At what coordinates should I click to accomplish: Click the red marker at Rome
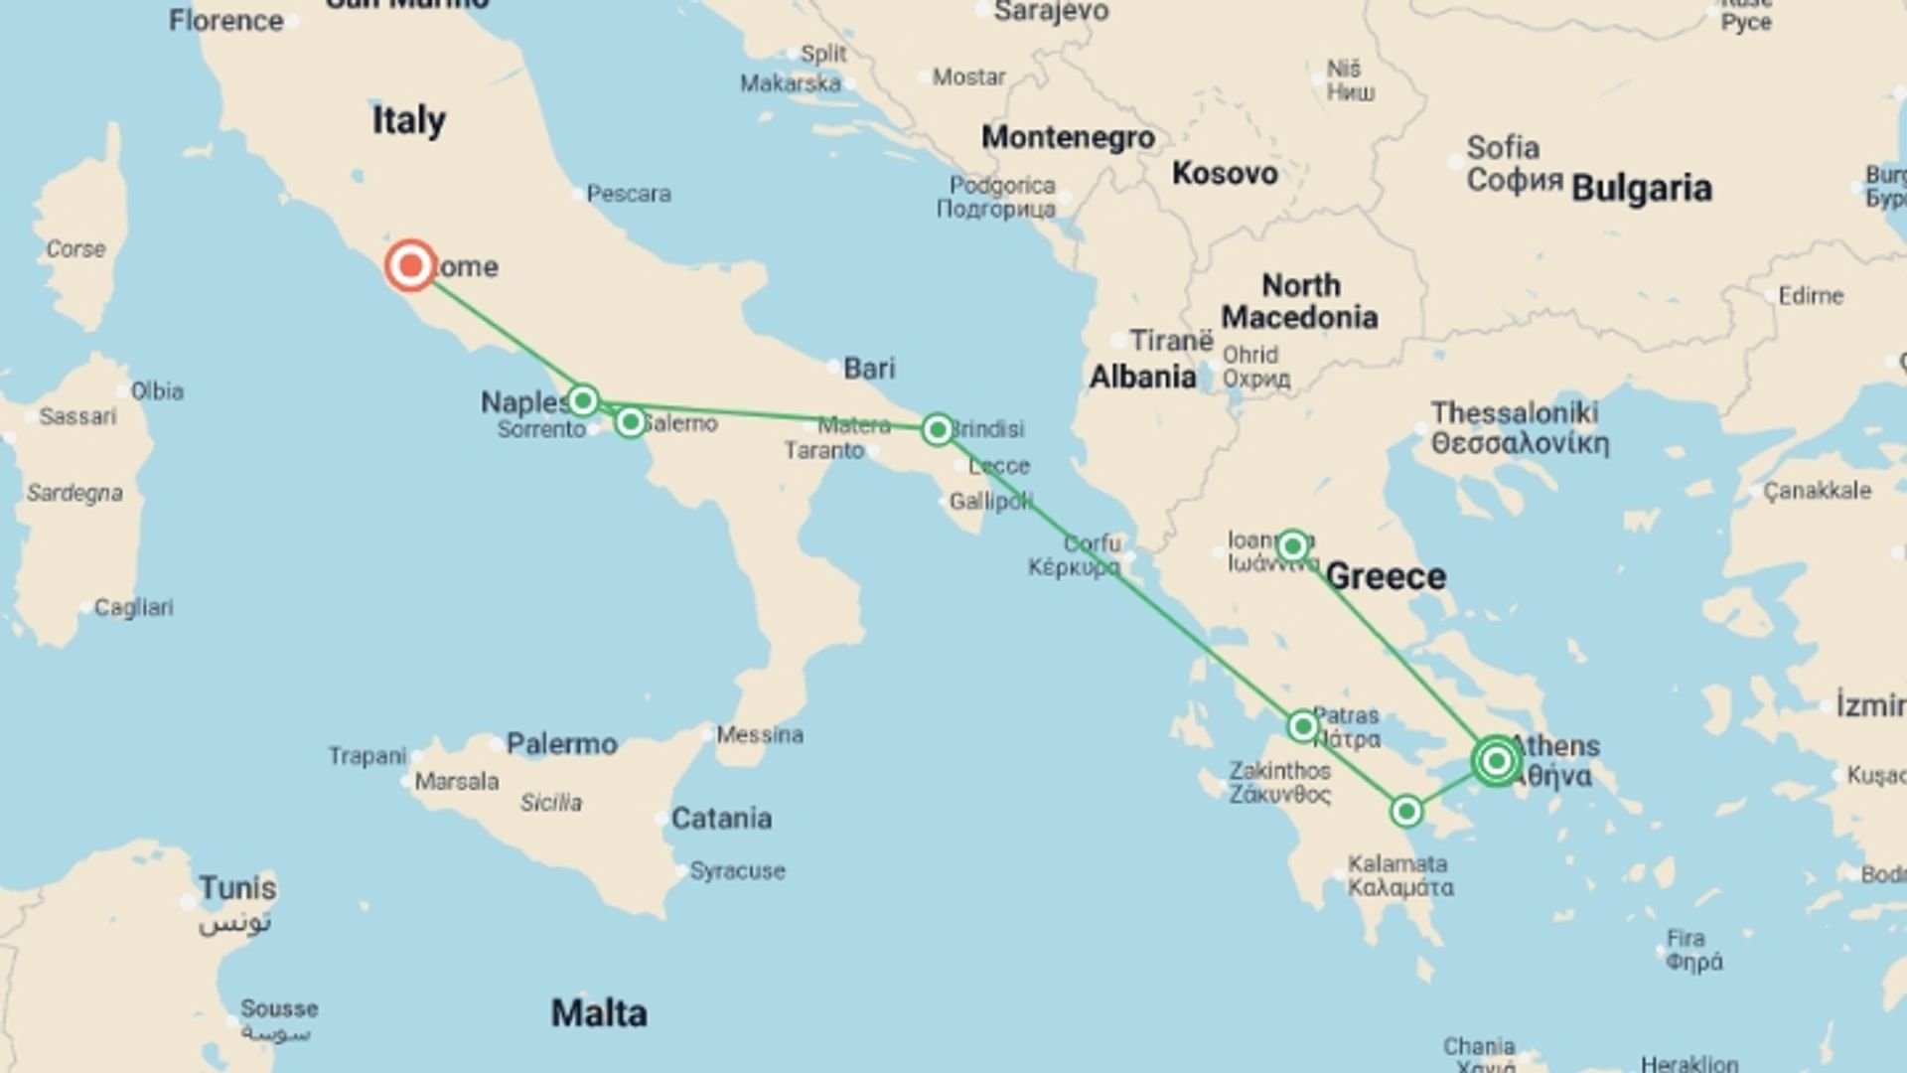(410, 265)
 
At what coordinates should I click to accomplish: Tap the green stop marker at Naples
(583, 400)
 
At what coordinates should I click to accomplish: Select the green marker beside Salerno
(630, 422)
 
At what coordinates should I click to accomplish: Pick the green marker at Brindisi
(937, 429)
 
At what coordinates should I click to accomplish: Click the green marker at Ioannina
(1292, 545)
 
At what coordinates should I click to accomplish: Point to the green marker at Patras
(1302, 726)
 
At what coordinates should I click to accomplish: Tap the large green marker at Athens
(1496, 761)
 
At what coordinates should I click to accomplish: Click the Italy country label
(408, 120)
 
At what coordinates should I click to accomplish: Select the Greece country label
(1386, 576)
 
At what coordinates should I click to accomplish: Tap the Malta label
(599, 1013)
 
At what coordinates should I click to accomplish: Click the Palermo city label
(561, 743)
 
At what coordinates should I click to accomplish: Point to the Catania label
(721, 819)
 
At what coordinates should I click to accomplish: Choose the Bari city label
(869, 368)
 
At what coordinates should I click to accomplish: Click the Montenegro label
(1068, 137)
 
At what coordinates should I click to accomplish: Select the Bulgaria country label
(1642, 188)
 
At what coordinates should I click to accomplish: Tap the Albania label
(1142, 378)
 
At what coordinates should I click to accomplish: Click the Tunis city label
(237, 887)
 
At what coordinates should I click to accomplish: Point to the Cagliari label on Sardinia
(133, 607)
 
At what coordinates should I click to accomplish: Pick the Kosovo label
(1225, 173)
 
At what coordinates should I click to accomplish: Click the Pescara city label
(628, 194)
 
